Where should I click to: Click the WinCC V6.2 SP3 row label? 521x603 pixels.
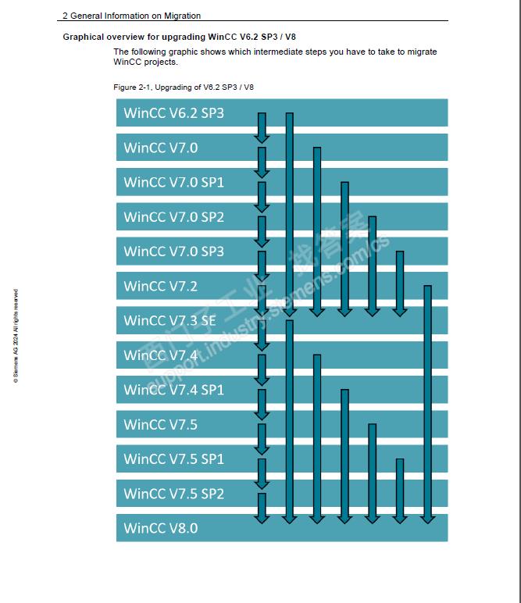[x=173, y=113]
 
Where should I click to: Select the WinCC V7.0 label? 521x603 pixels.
[x=161, y=148]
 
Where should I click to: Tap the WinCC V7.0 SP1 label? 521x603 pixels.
[x=173, y=183]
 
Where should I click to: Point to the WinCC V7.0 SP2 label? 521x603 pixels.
[x=173, y=217]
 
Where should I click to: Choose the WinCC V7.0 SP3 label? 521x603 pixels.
[x=173, y=252]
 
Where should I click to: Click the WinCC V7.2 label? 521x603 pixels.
[x=160, y=286]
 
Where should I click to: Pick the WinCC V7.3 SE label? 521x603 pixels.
[x=170, y=320]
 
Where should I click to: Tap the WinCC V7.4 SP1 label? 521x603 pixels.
[x=173, y=389]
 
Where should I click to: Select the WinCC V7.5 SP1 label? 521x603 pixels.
[x=173, y=458]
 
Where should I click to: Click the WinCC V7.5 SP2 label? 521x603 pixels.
[x=173, y=494]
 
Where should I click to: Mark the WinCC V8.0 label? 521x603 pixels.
[x=160, y=528]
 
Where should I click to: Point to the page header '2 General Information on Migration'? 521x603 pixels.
[x=131, y=16]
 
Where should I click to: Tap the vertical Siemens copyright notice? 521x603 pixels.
[x=15, y=336]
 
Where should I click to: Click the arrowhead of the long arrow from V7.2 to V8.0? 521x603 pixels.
[x=427, y=517]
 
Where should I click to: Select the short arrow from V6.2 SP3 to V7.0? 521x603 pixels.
[x=262, y=129]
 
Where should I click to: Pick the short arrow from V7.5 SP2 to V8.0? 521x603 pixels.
[x=262, y=508]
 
